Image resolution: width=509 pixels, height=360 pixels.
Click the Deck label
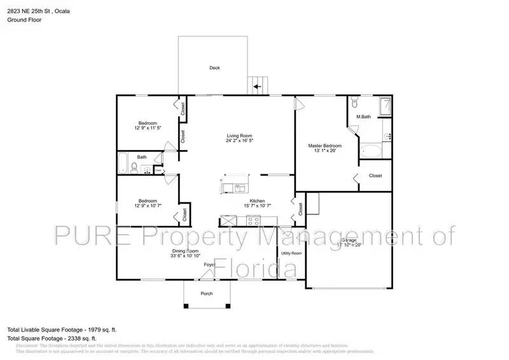(x=214, y=68)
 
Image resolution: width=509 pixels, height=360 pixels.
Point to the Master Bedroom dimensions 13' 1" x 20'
(x=324, y=151)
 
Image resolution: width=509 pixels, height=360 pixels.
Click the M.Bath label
(x=363, y=117)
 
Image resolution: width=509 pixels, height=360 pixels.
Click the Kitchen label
(x=257, y=201)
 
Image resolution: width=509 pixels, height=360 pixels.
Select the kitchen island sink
(x=241, y=188)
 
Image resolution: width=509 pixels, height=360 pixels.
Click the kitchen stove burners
(x=253, y=221)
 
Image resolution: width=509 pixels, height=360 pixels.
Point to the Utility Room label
(x=291, y=253)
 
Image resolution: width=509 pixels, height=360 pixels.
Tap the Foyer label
(x=210, y=265)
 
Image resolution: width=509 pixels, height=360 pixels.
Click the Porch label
(x=206, y=293)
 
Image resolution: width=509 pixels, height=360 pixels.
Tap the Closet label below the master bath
(x=375, y=176)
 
